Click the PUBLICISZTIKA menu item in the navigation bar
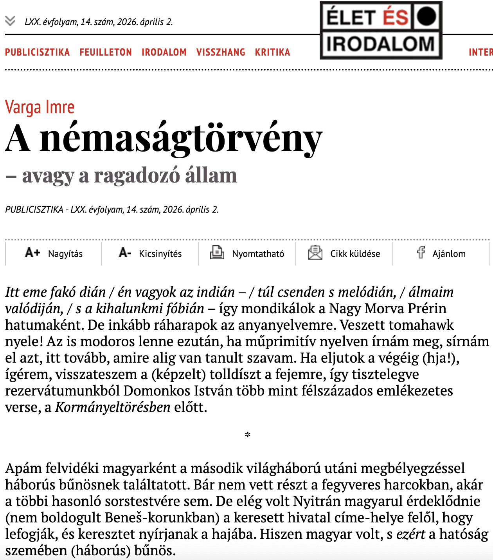tap(37, 52)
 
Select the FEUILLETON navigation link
tap(106, 52)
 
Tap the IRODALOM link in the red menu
tap(164, 52)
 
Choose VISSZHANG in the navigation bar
tap(221, 52)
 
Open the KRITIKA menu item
tap(272, 52)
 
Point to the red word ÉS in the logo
tap(395, 17)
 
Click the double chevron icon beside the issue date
tap(10, 20)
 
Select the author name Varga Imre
tap(40, 107)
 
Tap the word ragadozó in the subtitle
tap(137, 175)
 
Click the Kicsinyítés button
tap(150, 253)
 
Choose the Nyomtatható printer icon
tap(217, 253)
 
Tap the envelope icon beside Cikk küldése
tap(315, 253)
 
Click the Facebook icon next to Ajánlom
tap(421, 253)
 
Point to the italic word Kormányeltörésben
tap(113, 407)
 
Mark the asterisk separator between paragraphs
tap(247, 435)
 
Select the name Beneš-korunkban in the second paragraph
tap(162, 518)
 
